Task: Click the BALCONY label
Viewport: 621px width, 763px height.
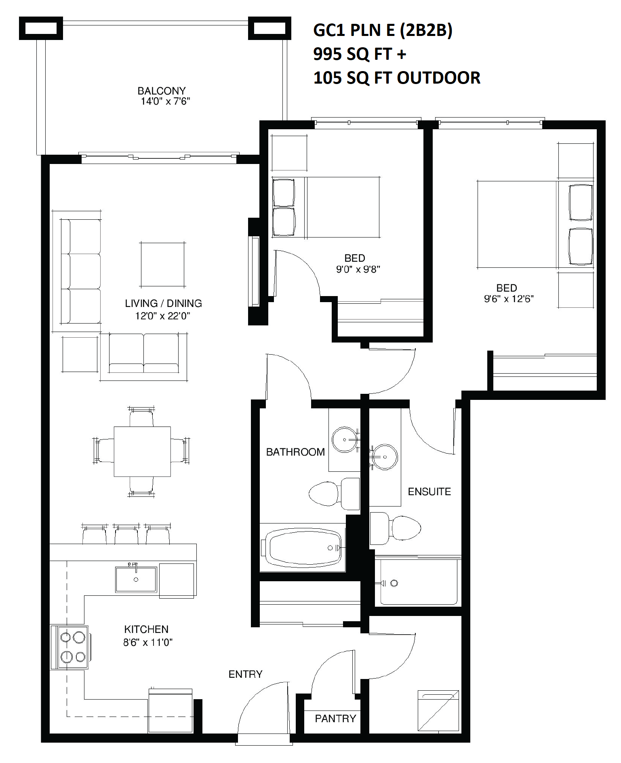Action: [162, 91]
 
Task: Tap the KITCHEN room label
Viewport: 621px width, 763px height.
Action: [146, 629]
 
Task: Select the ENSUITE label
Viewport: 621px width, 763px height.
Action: [429, 492]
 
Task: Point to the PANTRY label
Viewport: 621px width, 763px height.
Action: [335, 719]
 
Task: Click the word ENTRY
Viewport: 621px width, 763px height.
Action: [246, 674]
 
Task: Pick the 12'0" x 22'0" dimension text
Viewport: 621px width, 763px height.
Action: [162, 316]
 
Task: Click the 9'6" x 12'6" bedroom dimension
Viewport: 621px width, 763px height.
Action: [509, 299]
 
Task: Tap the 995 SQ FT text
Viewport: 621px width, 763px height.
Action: [353, 54]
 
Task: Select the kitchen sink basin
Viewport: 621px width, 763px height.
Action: [136, 579]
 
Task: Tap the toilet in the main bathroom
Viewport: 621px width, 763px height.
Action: [334, 493]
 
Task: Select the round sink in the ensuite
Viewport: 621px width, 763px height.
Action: [385, 457]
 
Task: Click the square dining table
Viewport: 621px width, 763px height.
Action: [142, 452]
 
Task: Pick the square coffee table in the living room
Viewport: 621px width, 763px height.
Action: [162, 265]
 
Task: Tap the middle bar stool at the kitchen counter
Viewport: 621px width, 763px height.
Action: [126, 534]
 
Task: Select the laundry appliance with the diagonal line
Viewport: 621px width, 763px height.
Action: [438, 710]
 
